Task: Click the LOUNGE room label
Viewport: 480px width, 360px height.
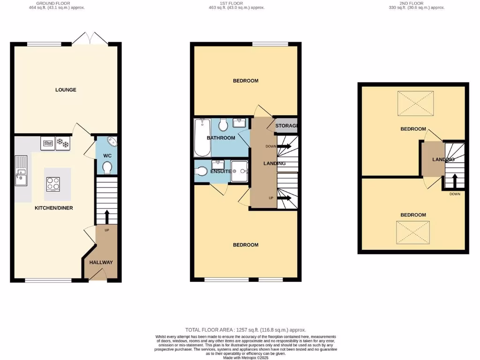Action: pyautogui.click(x=66, y=90)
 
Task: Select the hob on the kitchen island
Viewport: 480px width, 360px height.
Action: pyautogui.click(x=53, y=184)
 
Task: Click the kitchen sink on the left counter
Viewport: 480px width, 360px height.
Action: pyautogui.click(x=22, y=176)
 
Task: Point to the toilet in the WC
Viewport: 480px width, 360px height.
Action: pyautogui.click(x=107, y=167)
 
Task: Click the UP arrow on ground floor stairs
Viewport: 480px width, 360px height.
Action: pyautogui.click(x=106, y=217)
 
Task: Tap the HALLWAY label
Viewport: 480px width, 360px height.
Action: pyautogui.click(x=101, y=262)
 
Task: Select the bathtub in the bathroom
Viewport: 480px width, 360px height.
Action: pyautogui.click(x=202, y=138)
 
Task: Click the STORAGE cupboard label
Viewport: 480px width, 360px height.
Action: pyautogui.click(x=286, y=126)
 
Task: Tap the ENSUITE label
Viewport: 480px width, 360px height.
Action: pyautogui.click(x=220, y=172)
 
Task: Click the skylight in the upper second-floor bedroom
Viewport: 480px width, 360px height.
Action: pyautogui.click(x=415, y=104)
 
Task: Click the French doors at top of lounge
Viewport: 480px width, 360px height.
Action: pyautogui.click(x=90, y=39)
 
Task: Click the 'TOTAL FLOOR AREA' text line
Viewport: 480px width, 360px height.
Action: pyautogui.click(x=246, y=330)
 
